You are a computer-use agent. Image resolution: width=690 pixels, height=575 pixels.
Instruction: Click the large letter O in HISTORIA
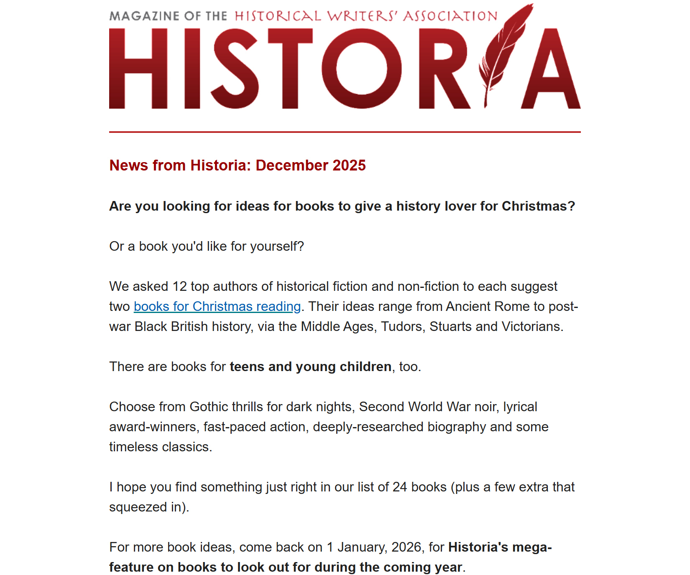[361, 69]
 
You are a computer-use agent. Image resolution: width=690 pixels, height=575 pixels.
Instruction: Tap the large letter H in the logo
[138, 69]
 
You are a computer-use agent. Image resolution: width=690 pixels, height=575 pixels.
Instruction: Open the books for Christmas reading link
[217, 307]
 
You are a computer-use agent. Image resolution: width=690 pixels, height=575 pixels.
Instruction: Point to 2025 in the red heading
[349, 165]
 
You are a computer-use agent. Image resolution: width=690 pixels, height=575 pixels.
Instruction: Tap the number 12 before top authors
[180, 287]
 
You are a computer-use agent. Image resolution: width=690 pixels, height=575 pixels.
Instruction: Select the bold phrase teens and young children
[310, 367]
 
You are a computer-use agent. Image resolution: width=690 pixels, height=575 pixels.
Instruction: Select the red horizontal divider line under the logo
[345, 132]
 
